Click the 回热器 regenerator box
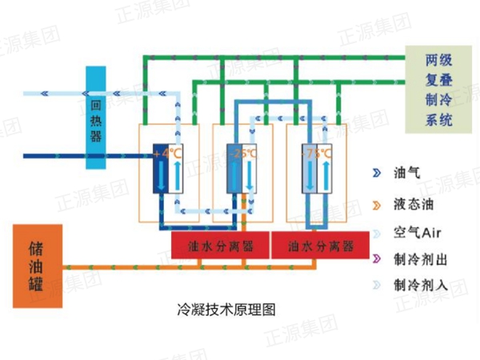click(95, 118)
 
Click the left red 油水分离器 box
click(219, 246)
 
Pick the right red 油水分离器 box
click(320, 246)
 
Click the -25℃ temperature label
click(243, 152)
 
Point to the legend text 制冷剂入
click(417, 285)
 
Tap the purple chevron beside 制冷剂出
click(375, 258)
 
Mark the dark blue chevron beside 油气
click(375, 172)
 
